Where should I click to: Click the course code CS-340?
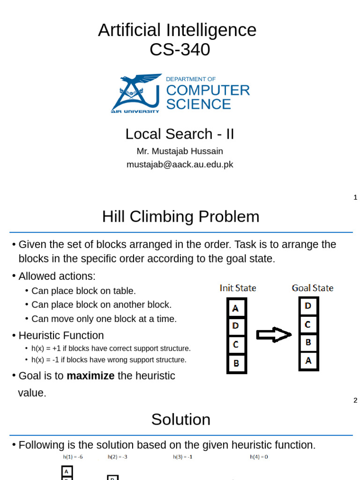[180, 49]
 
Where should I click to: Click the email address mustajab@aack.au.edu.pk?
[180, 165]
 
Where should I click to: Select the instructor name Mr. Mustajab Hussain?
[180, 151]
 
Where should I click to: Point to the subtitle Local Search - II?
[180, 134]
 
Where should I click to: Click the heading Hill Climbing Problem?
[180, 217]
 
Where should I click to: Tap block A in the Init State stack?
[236, 308]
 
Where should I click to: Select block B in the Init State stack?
[236, 363]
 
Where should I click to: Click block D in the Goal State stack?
[308, 306]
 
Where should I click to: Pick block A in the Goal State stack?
[308, 361]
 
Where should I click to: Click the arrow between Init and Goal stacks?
[274, 335]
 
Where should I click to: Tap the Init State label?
[238, 288]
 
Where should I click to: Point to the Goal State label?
[313, 288]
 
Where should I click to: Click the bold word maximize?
[90, 376]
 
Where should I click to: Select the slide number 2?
[355, 400]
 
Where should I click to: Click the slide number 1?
[355, 197]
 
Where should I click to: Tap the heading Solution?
[180, 420]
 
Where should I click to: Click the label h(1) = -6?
[73, 457]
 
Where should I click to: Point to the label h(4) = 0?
[259, 457]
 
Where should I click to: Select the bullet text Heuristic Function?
[61, 336]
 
